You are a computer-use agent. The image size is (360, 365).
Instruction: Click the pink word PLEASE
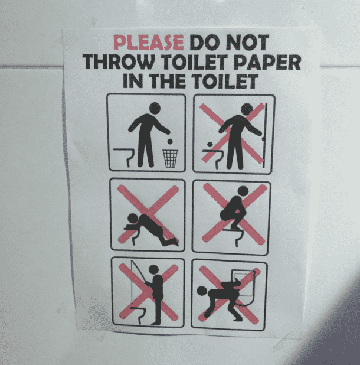point(148,43)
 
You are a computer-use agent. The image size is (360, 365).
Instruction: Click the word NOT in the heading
point(247,43)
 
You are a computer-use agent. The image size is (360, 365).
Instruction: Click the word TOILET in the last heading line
point(228,81)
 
